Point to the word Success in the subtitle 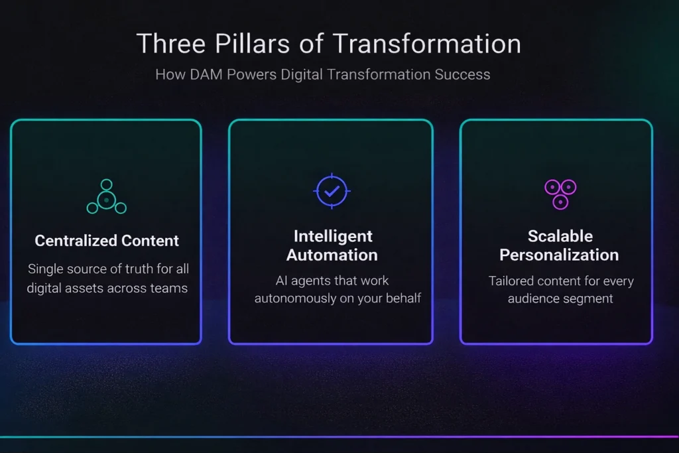[462, 74]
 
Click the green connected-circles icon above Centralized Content [106, 197]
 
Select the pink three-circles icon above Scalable [560, 194]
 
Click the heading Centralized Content [107, 241]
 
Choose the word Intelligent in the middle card [332, 236]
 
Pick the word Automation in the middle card [332, 255]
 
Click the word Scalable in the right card [560, 236]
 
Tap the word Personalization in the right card [559, 255]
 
